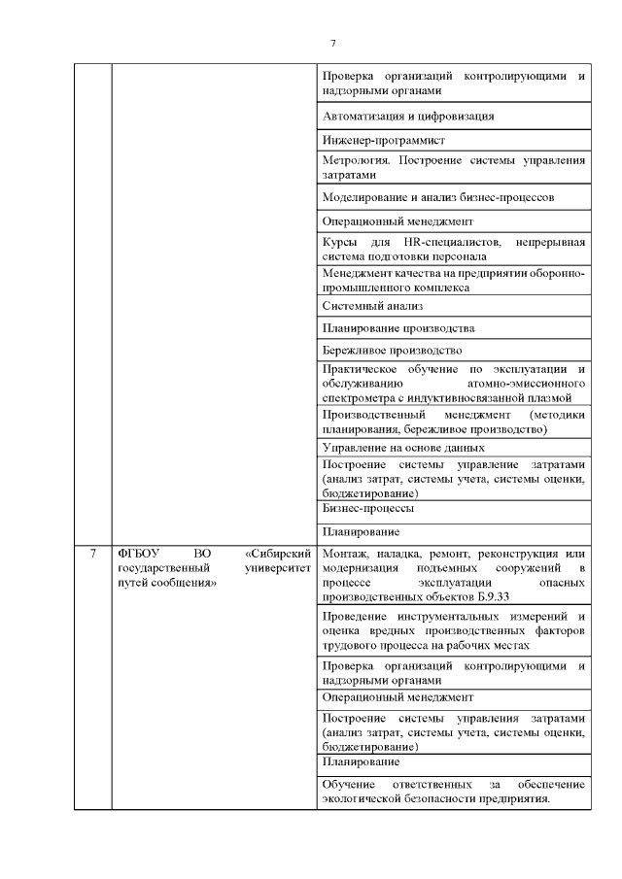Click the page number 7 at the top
pos(332,43)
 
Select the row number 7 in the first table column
pos(92,554)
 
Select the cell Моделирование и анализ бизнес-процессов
pos(437,196)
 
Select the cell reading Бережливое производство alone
pos(391,350)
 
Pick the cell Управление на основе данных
pos(402,448)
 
